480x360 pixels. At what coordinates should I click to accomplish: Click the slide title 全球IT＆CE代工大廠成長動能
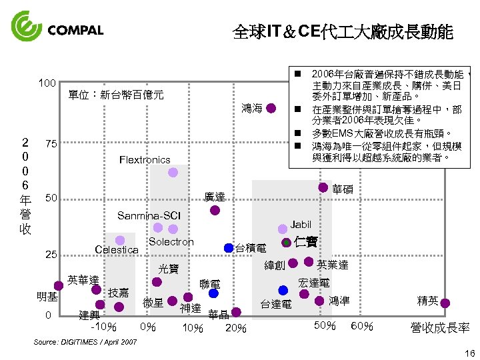pyautogui.click(x=343, y=31)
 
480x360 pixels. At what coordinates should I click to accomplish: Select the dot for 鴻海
pyautogui.click(x=271, y=109)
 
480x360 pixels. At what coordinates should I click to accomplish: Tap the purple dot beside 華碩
pyautogui.click(x=323, y=188)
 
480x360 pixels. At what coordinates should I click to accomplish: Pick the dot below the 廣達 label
pyautogui.click(x=215, y=210)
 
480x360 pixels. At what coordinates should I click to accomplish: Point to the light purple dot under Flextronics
pyautogui.click(x=173, y=173)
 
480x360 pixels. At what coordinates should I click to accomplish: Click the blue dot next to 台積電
pyautogui.click(x=229, y=248)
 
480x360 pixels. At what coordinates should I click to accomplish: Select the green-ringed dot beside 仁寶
pyautogui.click(x=287, y=242)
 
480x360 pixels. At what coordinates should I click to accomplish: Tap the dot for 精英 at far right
pyautogui.click(x=445, y=303)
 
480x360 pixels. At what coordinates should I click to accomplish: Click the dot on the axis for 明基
pyautogui.click(x=59, y=285)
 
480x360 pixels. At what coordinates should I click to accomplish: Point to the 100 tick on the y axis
pyautogui.click(x=47, y=83)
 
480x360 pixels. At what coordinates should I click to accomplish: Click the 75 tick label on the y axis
pyautogui.click(x=49, y=144)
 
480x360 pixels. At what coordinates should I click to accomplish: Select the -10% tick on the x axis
pyautogui.click(x=104, y=327)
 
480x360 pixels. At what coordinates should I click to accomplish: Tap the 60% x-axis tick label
pyautogui.click(x=361, y=325)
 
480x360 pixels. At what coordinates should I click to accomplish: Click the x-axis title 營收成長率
pyautogui.click(x=440, y=327)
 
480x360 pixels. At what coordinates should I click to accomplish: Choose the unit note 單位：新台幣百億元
pyautogui.click(x=116, y=94)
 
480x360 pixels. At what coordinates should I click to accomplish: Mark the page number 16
pyautogui.click(x=467, y=353)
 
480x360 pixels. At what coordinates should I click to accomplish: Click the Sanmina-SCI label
pyautogui.click(x=149, y=215)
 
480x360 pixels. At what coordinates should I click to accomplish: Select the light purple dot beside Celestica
pyautogui.click(x=120, y=241)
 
